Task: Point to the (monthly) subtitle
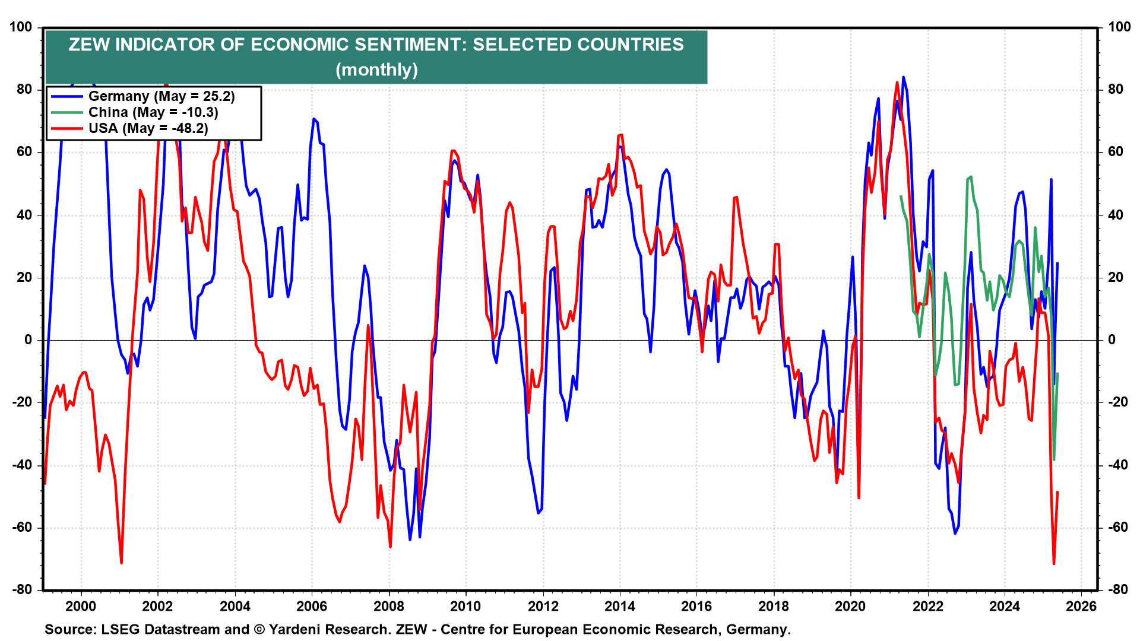coord(376,69)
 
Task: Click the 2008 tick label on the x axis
coord(388,606)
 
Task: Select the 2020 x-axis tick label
coord(850,606)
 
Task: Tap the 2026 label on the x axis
coord(1081,606)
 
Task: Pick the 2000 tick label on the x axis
coord(81,606)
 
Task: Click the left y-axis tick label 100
coord(21,27)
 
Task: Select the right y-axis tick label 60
coord(1116,152)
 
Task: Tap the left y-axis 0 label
coord(28,340)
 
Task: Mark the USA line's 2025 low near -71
coord(1054,563)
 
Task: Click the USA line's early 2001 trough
coord(121,563)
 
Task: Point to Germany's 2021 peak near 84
coord(904,77)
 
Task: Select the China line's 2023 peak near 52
coord(971,177)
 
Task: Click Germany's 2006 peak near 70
coord(314,119)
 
